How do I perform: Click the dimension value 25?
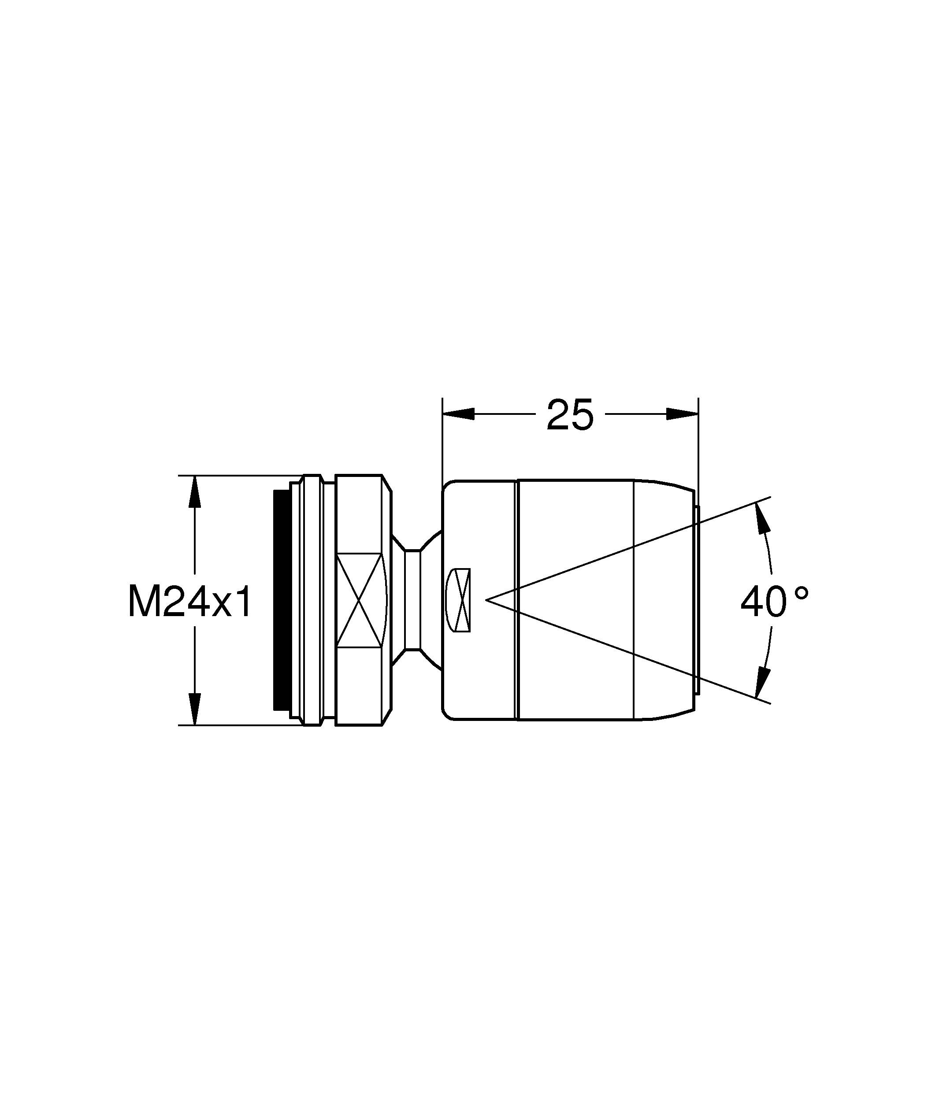click(570, 414)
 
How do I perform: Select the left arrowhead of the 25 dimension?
click(459, 414)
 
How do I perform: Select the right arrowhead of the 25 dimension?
click(682, 414)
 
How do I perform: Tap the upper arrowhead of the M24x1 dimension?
click(195, 492)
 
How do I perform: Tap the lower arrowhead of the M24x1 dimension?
click(195, 709)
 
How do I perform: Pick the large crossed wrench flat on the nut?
click(359, 599)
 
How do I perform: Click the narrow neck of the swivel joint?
click(412, 600)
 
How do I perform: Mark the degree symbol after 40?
click(802, 592)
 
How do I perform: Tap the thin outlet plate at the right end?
click(697, 600)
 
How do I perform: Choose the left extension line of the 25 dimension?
click(442, 440)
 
